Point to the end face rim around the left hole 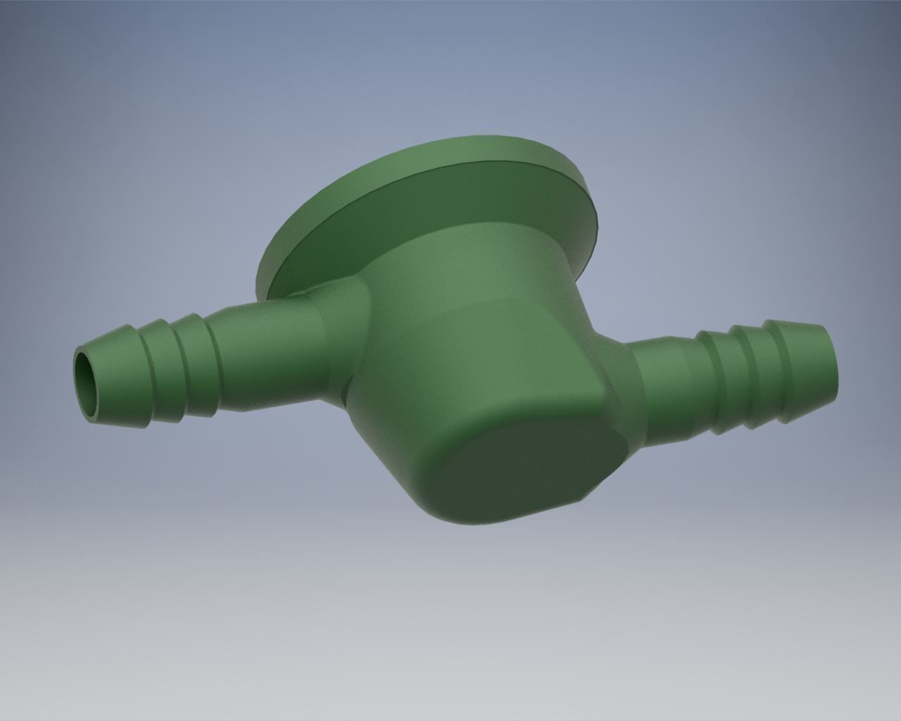pos(79,384)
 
